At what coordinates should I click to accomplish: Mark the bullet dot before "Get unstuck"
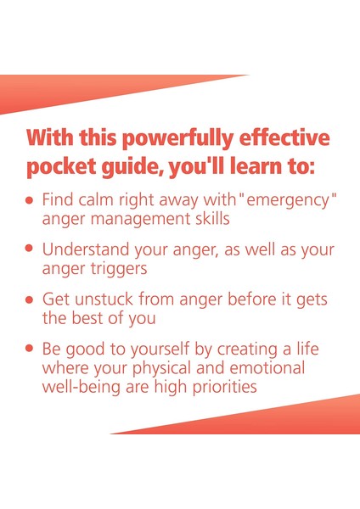tap(31, 300)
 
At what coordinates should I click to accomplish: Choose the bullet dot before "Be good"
tap(31, 349)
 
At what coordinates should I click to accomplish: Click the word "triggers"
tap(121, 269)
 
